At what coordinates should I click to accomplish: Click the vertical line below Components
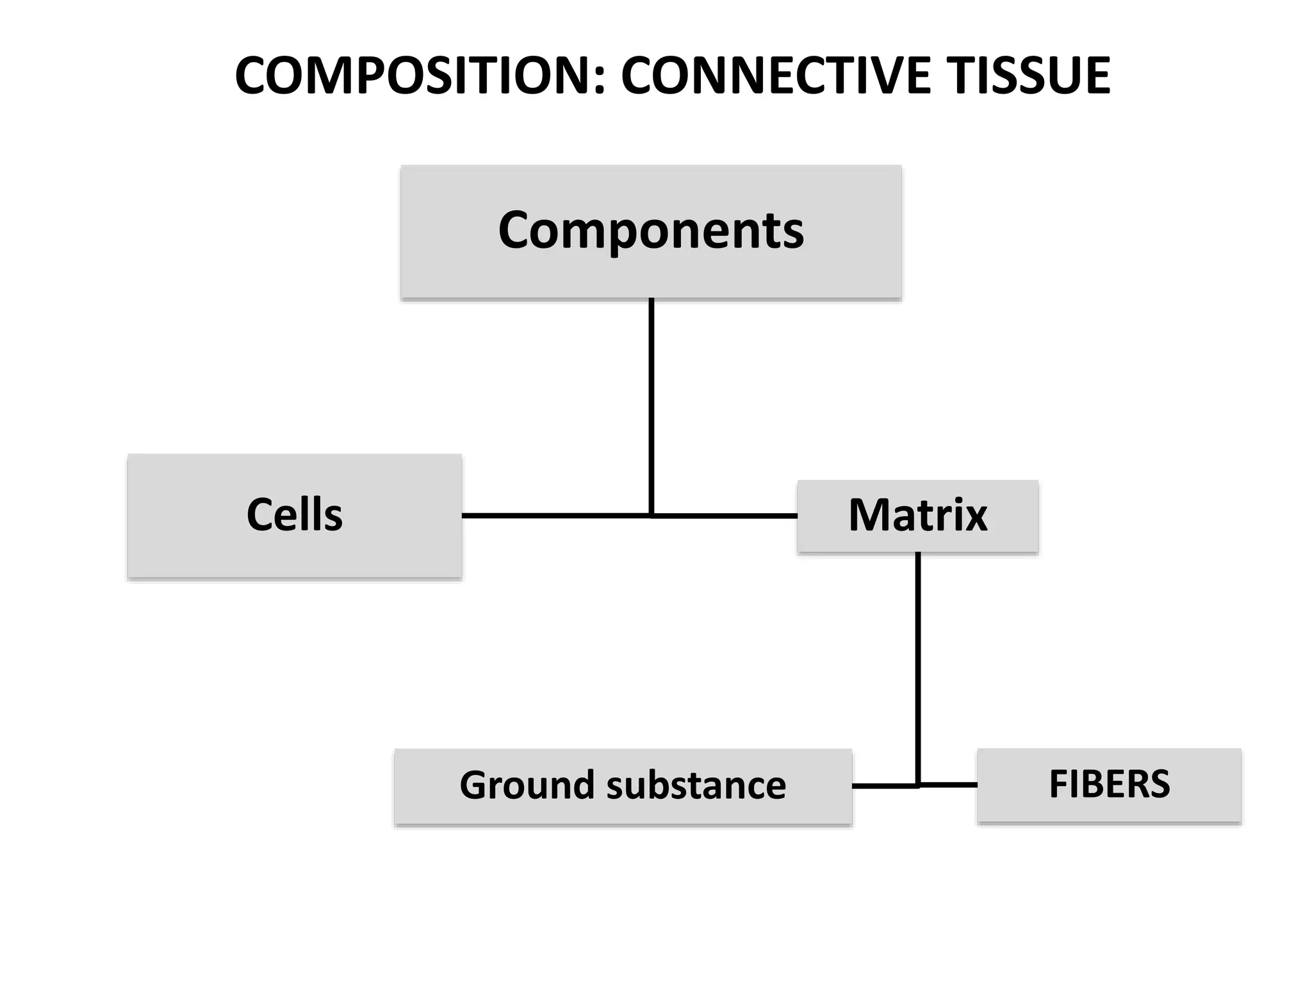pyautogui.click(x=651, y=404)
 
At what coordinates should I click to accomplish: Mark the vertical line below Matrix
pyautogui.click(x=917, y=666)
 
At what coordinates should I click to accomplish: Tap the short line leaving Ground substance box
pyautogui.click(x=884, y=785)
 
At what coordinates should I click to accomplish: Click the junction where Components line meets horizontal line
pyautogui.click(x=651, y=515)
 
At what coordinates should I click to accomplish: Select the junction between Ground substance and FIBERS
pyautogui.click(x=917, y=785)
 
